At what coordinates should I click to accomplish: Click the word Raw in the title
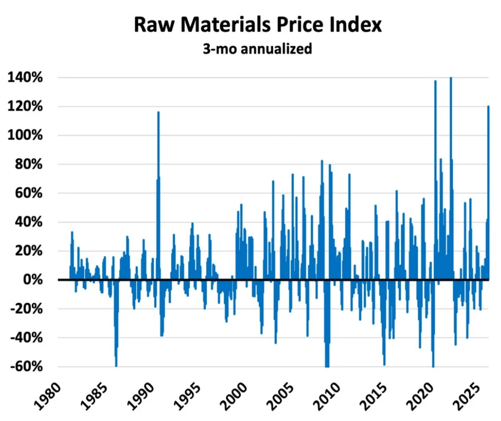point(155,24)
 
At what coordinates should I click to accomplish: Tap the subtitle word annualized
point(276,49)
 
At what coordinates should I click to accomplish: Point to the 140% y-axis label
point(25,77)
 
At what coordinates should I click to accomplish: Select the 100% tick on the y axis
point(25,135)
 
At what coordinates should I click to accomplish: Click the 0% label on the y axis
point(33,280)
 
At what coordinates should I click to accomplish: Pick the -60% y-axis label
point(26,367)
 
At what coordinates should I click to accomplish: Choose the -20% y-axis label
point(26,309)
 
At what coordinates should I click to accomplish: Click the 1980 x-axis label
point(47,396)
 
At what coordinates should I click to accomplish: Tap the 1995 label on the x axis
point(187,396)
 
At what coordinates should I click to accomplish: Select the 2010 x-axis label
point(327,396)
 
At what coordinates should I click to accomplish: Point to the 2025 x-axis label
point(467,396)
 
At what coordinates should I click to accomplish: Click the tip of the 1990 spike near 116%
point(158,112)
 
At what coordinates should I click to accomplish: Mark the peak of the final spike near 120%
point(488,106)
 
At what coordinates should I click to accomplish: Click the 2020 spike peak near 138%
point(435,81)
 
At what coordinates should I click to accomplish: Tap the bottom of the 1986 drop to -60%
point(116,366)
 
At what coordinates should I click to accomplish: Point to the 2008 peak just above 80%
point(322,161)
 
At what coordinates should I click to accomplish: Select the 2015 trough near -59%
point(384,364)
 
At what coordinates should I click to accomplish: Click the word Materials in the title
point(226,24)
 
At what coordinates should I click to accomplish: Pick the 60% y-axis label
point(29,193)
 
